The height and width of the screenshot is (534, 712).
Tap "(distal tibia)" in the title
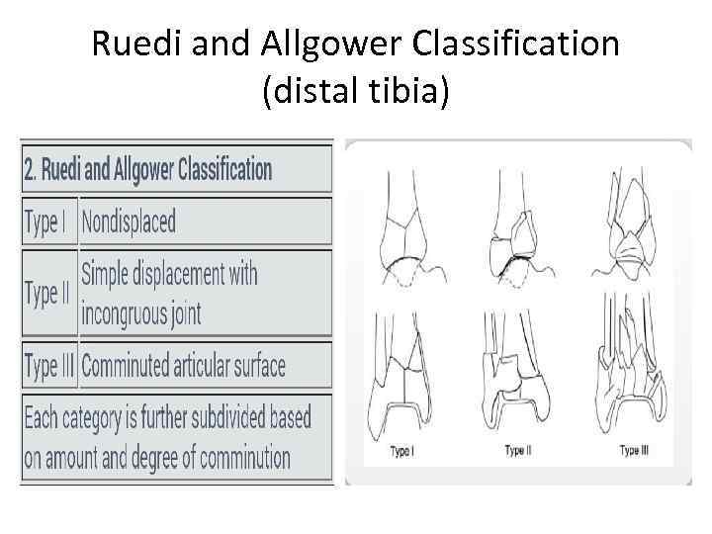(x=355, y=93)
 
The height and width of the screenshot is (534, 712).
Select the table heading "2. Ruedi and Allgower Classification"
(x=147, y=169)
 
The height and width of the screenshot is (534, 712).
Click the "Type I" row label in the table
(x=45, y=222)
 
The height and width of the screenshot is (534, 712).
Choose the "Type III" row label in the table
(x=50, y=366)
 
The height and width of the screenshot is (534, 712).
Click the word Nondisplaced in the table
(x=129, y=222)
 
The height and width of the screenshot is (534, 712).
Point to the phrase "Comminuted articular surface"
(x=184, y=366)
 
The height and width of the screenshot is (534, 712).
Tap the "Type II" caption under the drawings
(x=517, y=451)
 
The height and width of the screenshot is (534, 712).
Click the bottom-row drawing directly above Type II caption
(x=518, y=376)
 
